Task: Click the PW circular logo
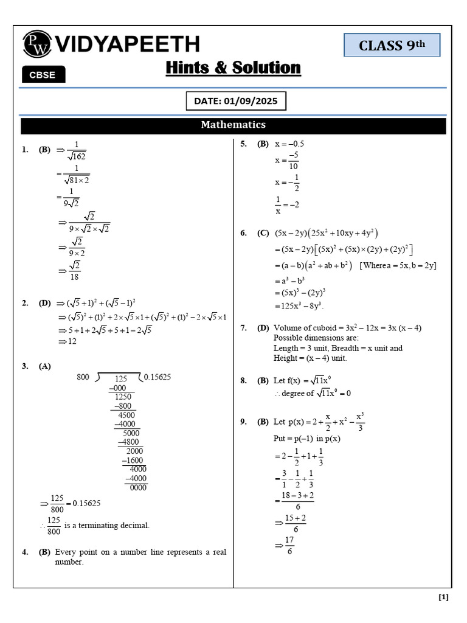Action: (38, 44)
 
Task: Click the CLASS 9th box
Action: (392, 46)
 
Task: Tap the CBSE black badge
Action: (43, 75)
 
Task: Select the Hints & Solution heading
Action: (233, 68)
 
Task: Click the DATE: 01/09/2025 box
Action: (235, 102)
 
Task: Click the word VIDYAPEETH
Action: (128, 44)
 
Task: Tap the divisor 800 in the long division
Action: (83, 377)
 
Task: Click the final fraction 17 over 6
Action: (289, 546)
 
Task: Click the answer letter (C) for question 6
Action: (263, 233)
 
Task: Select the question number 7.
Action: (243, 328)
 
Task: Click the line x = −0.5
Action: (289, 144)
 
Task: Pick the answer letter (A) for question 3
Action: (45, 366)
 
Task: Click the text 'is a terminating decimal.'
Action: (106, 525)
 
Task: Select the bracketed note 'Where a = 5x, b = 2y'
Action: (398, 265)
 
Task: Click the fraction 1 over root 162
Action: (77, 150)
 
